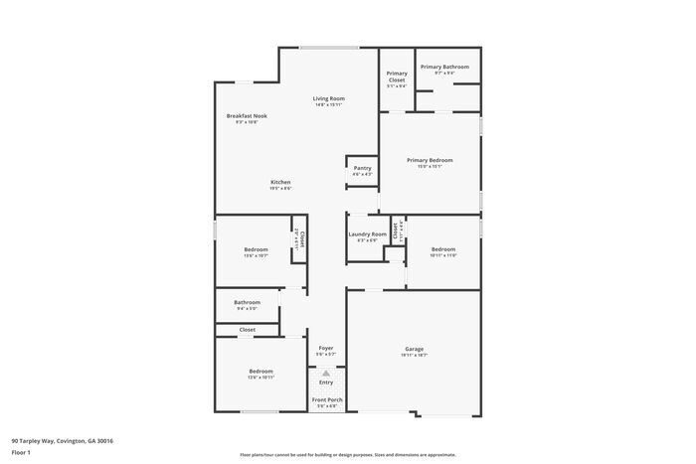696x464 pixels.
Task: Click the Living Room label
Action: pyautogui.click(x=328, y=98)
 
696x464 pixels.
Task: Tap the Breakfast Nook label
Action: pyautogui.click(x=247, y=116)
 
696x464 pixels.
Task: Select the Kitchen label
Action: pyautogui.click(x=280, y=183)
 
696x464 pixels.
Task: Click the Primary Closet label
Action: pyautogui.click(x=397, y=77)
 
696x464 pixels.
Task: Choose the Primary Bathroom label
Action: pyautogui.click(x=444, y=67)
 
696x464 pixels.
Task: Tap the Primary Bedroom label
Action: pyautogui.click(x=430, y=160)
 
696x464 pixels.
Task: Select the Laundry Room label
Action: pyautogui.click(x=367, y=234)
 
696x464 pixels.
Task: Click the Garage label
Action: pyautogui.click(x=415, y=350)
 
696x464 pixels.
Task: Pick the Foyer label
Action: pyautogui.click(x=326, y=348)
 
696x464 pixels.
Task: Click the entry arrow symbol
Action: pyautogui.click(x=326, y=373)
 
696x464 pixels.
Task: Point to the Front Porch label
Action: pyautogui.click(x=327, y=399)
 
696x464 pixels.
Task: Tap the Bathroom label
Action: pyautogui.click(x=248, y=302)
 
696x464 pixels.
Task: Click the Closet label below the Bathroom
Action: pyautogui.click(x=247, y=329)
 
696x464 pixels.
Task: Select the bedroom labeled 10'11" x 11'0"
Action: pyautogui.click(x=443, y=249)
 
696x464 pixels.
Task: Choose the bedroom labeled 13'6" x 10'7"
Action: pyautogui.click(x=256, y=249)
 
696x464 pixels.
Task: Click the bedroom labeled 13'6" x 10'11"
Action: pyautogui.click(x=261, y=372)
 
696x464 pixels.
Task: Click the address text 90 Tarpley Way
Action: pyautogui.click(x=62, y=440)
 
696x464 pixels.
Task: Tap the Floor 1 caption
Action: pyautogui.click(x=21, y=452)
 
